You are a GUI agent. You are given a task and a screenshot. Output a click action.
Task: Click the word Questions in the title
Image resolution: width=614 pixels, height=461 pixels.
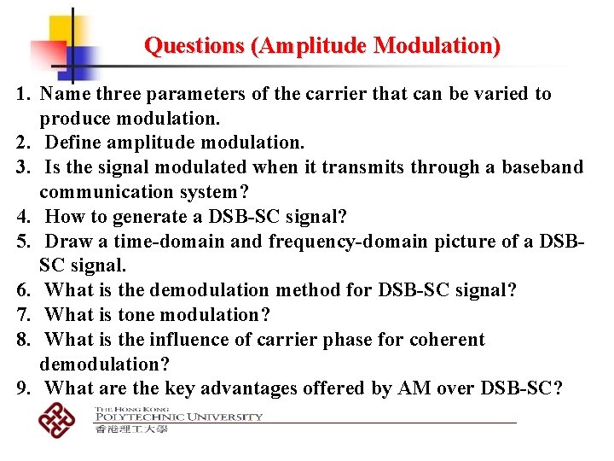point(194,44)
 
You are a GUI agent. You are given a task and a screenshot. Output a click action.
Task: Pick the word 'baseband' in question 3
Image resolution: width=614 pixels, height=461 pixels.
point(545,167)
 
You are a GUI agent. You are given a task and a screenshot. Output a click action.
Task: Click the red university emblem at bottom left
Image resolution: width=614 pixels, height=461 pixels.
point(57,418)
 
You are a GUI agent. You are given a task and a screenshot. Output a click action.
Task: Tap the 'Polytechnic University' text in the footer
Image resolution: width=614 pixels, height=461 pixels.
point(178,417)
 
